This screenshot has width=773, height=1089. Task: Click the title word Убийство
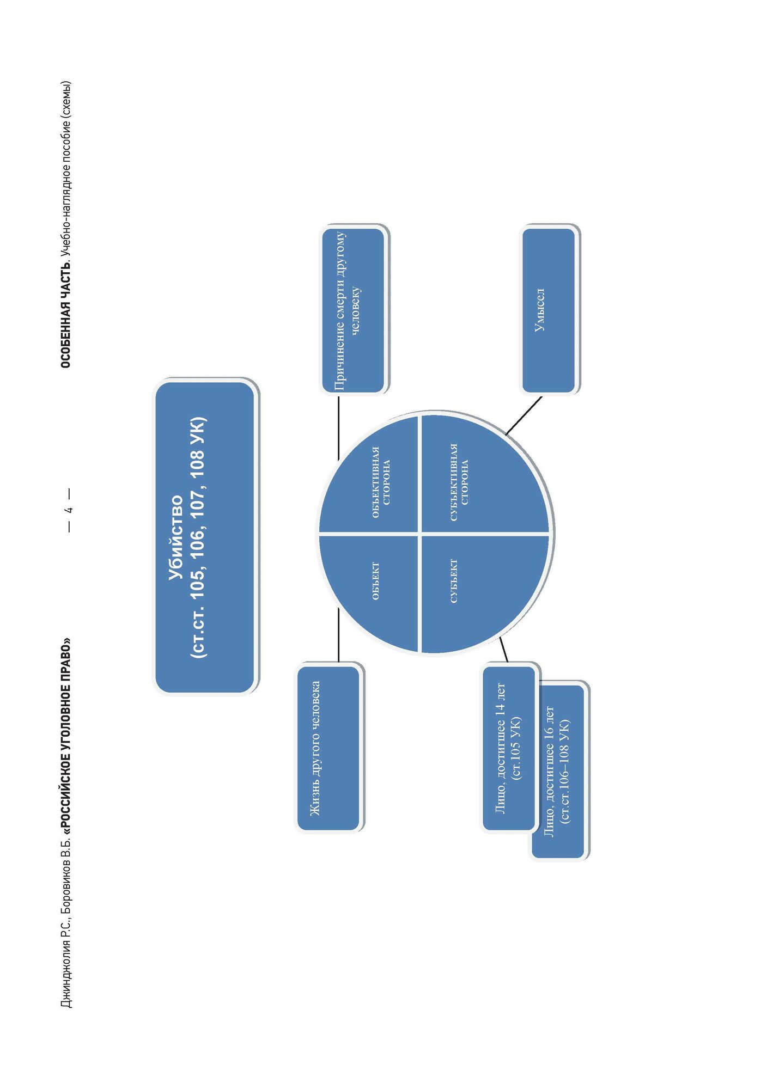tap(176, 537)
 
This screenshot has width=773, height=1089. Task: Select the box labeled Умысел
tap(549, 310)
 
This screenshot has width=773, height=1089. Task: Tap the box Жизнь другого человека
tap(328, 748)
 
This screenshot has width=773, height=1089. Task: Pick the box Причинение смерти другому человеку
tap(352, 310)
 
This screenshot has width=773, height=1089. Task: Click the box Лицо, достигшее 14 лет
tap(509, 748)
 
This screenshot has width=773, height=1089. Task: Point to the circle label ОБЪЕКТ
tap(375, 581)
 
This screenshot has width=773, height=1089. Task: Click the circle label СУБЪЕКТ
tap(454, 581)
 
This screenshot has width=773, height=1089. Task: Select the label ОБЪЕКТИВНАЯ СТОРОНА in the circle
tap(381, 482)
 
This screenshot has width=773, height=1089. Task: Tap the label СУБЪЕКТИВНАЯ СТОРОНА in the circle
tap(459, 482)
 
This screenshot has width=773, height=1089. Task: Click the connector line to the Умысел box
tap(524, 415)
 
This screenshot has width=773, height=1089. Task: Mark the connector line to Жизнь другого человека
tap(338, 635)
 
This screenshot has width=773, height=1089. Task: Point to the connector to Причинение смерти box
tap(338, 427)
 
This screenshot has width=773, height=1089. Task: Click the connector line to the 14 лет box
tap(504, 650)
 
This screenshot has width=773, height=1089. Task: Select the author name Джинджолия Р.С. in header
tap(66, 969)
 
